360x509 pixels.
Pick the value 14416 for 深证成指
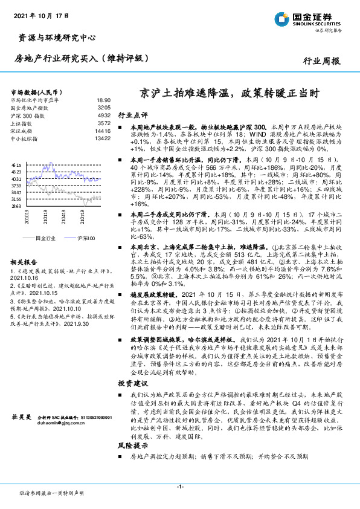tap(103, 130)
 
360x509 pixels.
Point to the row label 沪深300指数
tap(28, 115)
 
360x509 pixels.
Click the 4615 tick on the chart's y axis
tap(16, 164)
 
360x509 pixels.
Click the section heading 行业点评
tap(132, 114)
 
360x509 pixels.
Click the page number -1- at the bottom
tap(180, 487)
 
